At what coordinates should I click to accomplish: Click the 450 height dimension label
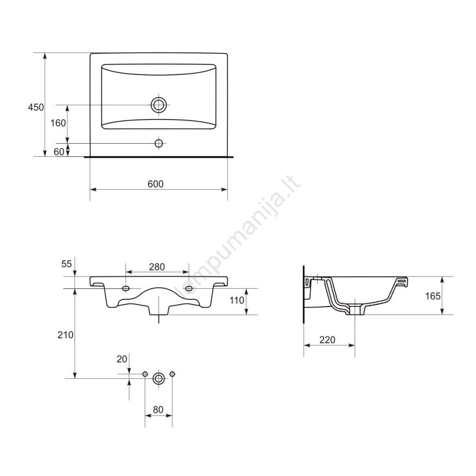36,107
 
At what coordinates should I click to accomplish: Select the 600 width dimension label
155,184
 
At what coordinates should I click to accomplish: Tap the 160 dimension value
58,123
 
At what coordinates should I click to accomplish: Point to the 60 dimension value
59,152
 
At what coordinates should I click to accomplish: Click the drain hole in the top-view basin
159,105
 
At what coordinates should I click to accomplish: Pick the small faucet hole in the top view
159,143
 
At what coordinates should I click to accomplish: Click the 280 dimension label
157,267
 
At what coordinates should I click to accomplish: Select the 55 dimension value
66,264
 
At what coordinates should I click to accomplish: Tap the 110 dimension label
237,300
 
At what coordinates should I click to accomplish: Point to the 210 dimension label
66,335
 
